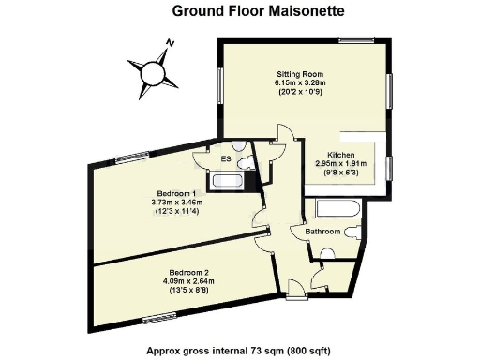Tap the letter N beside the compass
click(x=170, y=42)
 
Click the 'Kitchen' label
click(x=340, y=155)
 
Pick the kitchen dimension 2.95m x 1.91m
click(x=340, y=163)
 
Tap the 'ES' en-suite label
click(x=225, y=159)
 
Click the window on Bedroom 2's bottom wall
click(x=159, y=320)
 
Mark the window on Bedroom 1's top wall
click(x=128, y=157)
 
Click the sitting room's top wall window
click(x=357, y=40)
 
